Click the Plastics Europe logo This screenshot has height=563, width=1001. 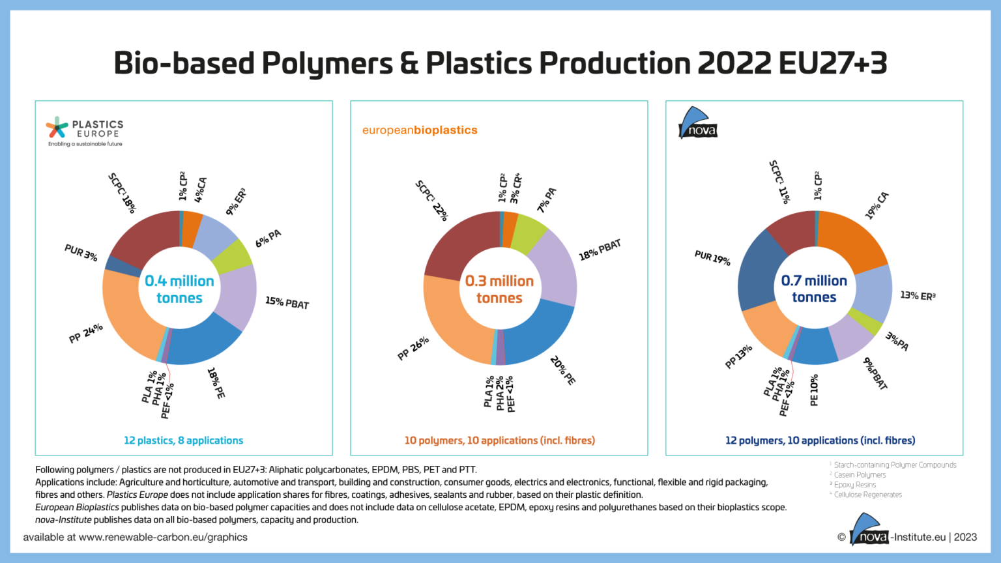click(x=84, y=132)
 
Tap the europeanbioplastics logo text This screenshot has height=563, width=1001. click(x=420, y=130)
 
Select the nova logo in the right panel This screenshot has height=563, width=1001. click(x=698, y=124)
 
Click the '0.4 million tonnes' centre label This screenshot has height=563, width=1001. click(x=179, y=289)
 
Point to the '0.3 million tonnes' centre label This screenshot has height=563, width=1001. click(x=499, y=289)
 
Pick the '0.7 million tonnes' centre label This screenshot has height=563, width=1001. click(x=814, y=289)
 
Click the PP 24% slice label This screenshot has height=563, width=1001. click(x=85, y=333)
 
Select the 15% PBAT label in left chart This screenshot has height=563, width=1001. click(x=287, y=302)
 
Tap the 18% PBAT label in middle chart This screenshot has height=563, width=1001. click(x=600, y=250)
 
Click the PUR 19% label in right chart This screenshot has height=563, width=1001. click(x=712, y=257)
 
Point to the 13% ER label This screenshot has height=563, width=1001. click(x=918, y=296)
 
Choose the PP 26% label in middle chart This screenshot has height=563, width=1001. click(x=413, y=348)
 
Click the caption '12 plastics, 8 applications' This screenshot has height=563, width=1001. click(x=183, y=440)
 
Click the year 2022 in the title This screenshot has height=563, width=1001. click(x=734, y=63)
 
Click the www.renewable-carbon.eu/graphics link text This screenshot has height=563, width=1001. click(x=163, y=538)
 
